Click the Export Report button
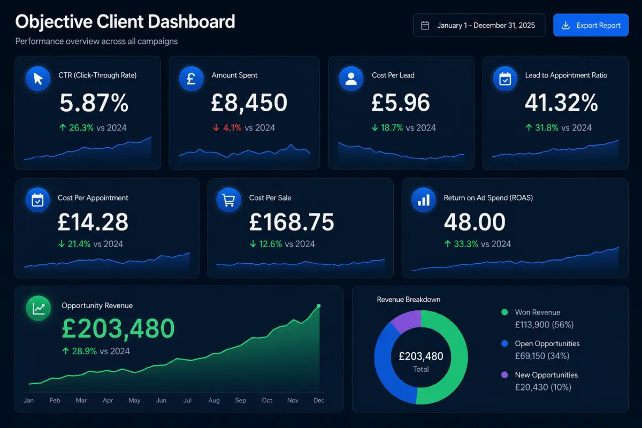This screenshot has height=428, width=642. (591, 25)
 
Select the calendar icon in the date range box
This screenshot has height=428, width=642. (425, 25)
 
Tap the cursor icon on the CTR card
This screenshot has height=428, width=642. (38, 79)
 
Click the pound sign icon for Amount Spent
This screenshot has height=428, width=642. (191, 79)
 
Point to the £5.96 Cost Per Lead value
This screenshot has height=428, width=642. (401, 102)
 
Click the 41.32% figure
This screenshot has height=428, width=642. (561, 102)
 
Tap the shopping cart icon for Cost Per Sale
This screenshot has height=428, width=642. (229, 200)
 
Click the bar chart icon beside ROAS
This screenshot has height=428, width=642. (424, 200)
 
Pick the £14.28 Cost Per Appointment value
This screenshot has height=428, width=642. (93, 222)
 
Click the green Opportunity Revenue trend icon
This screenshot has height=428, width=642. (39, 308)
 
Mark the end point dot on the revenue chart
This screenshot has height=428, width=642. (319, 306)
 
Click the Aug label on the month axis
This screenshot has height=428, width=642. (214, 400)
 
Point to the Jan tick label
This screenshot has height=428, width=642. (29, 400)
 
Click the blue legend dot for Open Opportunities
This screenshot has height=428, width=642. (505, 343)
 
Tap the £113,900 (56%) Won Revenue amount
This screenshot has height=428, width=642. (544, 325)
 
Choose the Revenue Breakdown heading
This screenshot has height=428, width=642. (408, 300)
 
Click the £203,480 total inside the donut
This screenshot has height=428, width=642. (421, 356)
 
